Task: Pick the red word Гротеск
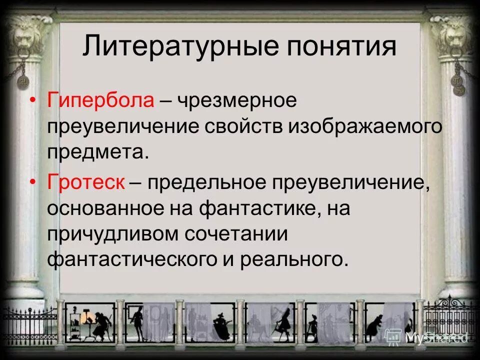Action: (x=86, y=182)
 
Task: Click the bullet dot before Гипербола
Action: (x=32, y=101)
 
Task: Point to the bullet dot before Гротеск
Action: (x=32, y=182)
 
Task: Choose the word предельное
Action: (x=206, y=182)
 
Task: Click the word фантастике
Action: (x=260, y=208)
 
